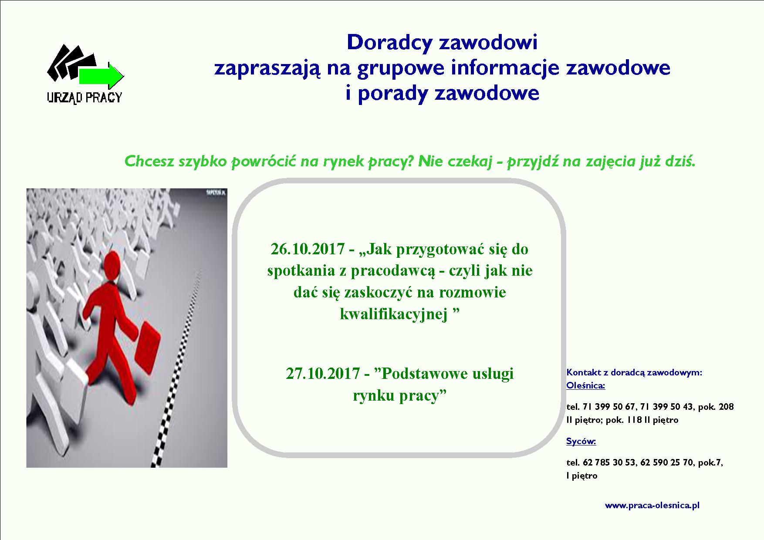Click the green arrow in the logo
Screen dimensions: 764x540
(x=101, y=76)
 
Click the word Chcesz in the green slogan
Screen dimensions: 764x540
(x=149, y=162)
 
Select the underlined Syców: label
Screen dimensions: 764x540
(x=581, y=442)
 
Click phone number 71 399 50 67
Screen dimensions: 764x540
(x=608, y=407)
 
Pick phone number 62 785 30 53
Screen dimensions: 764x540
(x=608, y=462)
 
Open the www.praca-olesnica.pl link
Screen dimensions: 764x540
(x=652, y=506)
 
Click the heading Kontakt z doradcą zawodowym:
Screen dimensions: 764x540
(x=634, y=373)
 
